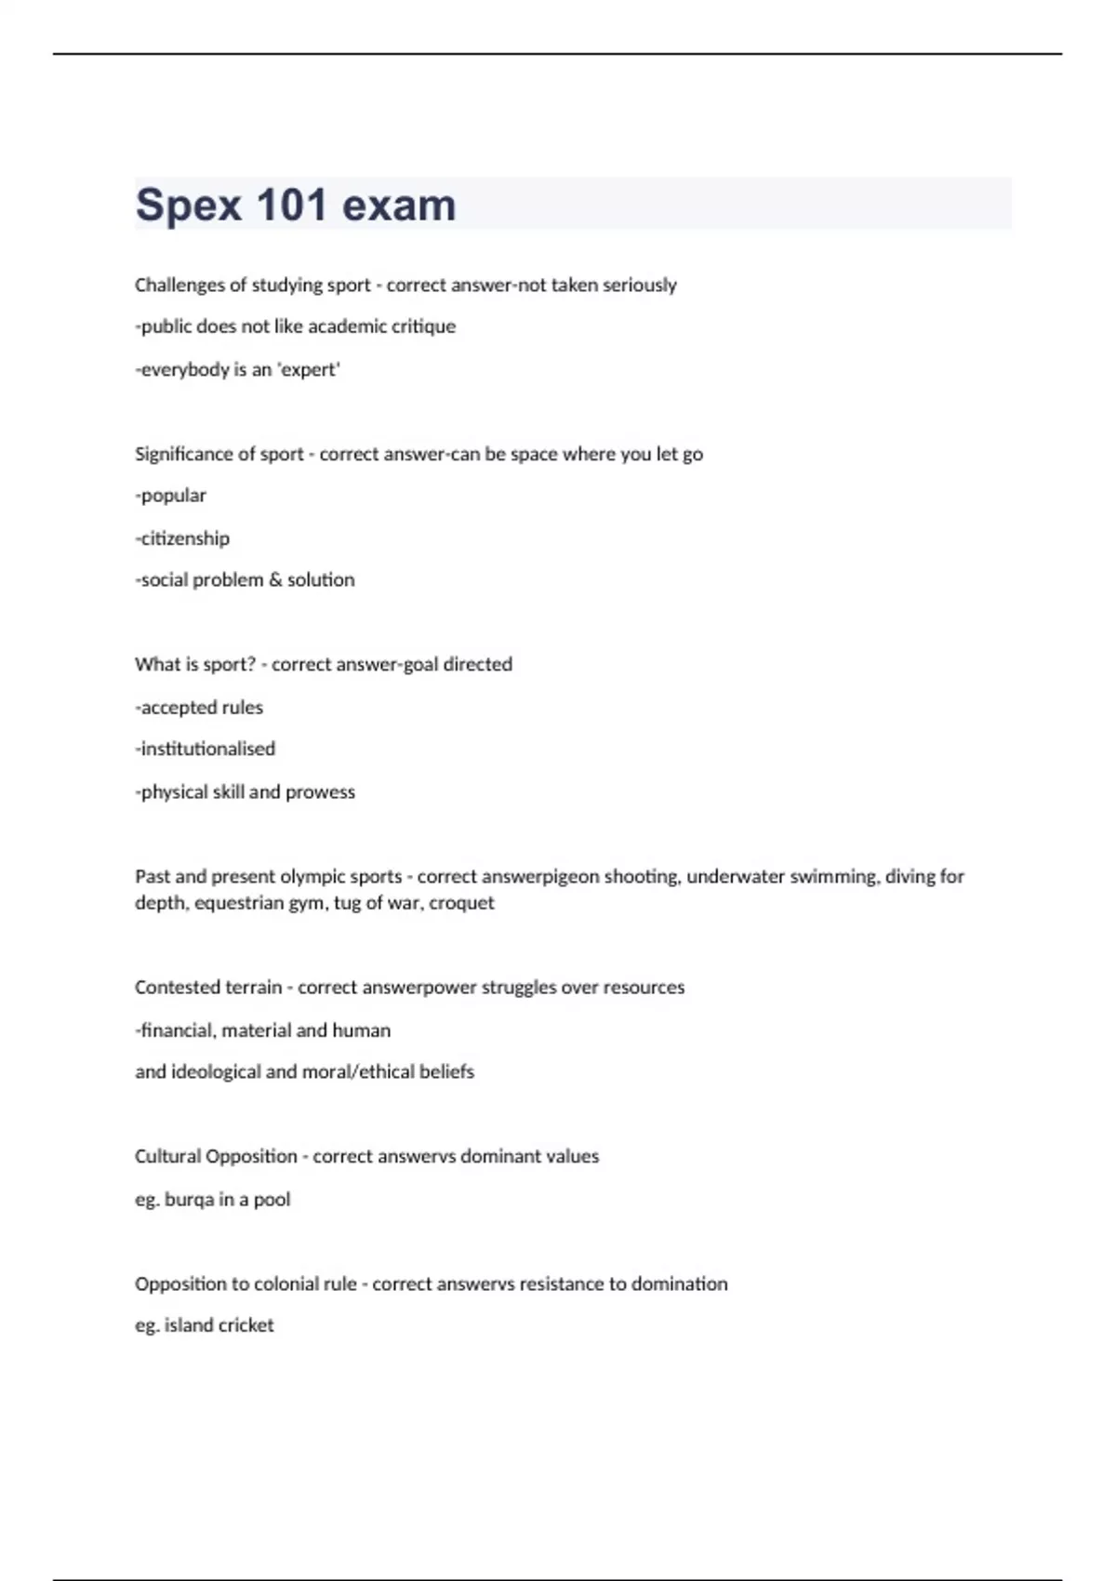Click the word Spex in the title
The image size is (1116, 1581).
[189, 206]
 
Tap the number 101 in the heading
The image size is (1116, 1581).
[292, 206]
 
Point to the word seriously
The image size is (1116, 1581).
[640, 286]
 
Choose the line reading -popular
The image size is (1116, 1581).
[171, 496]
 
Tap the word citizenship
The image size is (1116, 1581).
[184, 538]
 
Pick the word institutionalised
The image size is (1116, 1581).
[206, 750]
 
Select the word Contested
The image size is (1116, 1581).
[173, 988]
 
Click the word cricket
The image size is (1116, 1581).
[246, 1325]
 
